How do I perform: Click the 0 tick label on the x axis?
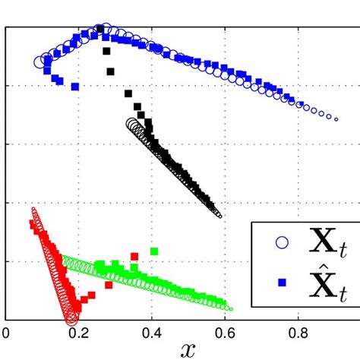pos(6,332)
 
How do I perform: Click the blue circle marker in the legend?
pos(282,243)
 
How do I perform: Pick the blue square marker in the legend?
pos(282,283)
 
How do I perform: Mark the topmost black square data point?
pos(100,30)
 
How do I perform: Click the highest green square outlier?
pos(154,251)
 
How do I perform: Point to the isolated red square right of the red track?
pos(134,257)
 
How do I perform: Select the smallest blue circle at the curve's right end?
pos(336,119)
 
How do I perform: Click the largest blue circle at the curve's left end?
pos(41,62)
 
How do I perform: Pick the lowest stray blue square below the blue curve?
pos(74,87)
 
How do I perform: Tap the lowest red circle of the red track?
pos(71,320)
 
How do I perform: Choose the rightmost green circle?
pos(230,309)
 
